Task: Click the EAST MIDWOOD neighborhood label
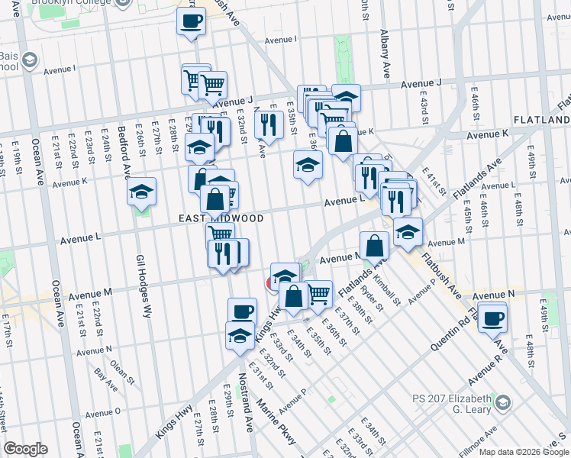[221, 218]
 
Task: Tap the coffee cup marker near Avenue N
[493, 316]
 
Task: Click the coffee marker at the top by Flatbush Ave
[192, 20]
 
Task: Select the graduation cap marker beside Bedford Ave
[141, 191]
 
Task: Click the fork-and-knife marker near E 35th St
[268, 124]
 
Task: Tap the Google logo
[26, 448]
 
